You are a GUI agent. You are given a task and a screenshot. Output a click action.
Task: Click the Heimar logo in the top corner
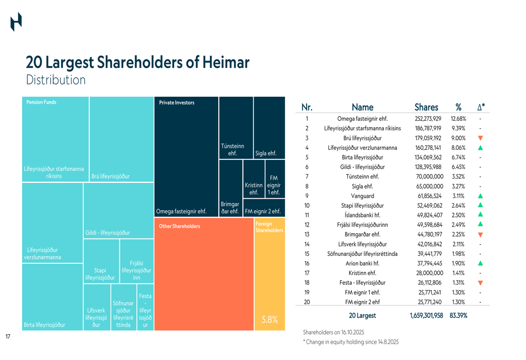click(16, 22)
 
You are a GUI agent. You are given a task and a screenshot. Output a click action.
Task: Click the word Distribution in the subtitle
click(55, 80)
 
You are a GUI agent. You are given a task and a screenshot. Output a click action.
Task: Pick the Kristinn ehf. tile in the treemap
click(254, 188)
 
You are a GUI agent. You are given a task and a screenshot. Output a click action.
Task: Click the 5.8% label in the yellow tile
click(269, 320)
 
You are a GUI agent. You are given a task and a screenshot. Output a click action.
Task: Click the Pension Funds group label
click(42, 102)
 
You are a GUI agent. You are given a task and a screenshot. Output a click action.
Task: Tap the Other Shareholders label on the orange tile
click(179, 227)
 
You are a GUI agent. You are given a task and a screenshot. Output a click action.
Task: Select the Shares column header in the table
click(426, 108)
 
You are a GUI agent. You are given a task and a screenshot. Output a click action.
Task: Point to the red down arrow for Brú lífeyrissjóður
click(480, 138)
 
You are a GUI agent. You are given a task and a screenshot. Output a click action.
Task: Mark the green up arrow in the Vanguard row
click(480, 196)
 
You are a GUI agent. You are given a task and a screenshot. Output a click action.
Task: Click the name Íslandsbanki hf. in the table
click(362, 215)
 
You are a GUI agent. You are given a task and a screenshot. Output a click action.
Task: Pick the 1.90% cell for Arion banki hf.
click(458, 263)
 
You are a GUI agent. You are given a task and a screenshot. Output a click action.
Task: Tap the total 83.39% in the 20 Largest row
click(458, 316)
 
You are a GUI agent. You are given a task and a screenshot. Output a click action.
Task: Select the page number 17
click(8, 336)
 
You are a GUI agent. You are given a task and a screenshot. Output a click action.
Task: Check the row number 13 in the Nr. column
click(307, 234)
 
